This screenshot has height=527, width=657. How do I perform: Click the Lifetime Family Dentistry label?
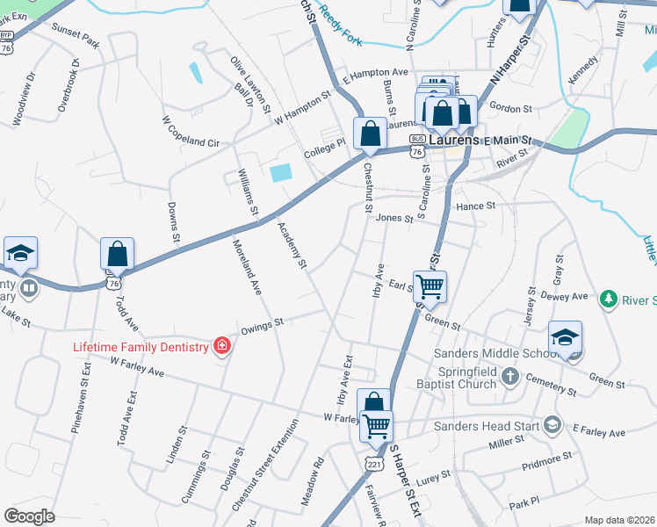[x=141, y=347]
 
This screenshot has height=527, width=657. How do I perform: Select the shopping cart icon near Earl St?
[x=430, y=286]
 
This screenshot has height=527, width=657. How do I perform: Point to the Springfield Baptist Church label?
[x=480, y=378]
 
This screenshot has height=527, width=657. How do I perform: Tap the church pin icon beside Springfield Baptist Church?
[x=533, y=378]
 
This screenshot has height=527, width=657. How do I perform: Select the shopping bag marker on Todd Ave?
[x=117, y=254]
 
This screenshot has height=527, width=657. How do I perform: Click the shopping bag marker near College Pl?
[x=371, y=134]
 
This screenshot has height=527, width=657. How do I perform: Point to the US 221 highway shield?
[x=375, y=462]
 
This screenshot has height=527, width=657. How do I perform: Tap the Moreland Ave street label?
[x=246, y=267]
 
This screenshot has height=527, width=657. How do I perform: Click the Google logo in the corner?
[x=30, y=516]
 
